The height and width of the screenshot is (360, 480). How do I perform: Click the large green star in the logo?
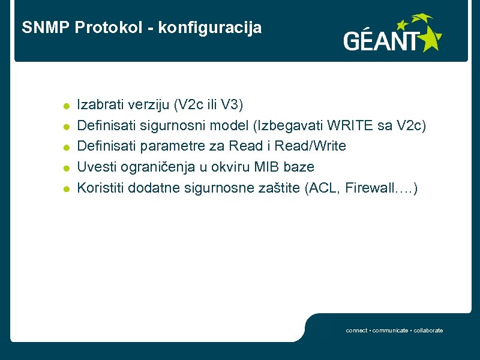point(429,39)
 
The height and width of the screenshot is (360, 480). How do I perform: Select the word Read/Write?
point(310,146)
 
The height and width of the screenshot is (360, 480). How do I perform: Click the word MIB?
point(262,167)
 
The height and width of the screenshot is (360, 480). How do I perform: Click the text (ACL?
point(324,187)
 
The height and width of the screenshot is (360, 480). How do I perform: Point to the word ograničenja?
point(158,167)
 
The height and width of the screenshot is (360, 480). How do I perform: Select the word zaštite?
point(281,187)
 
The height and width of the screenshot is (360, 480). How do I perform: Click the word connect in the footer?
point(356,331)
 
